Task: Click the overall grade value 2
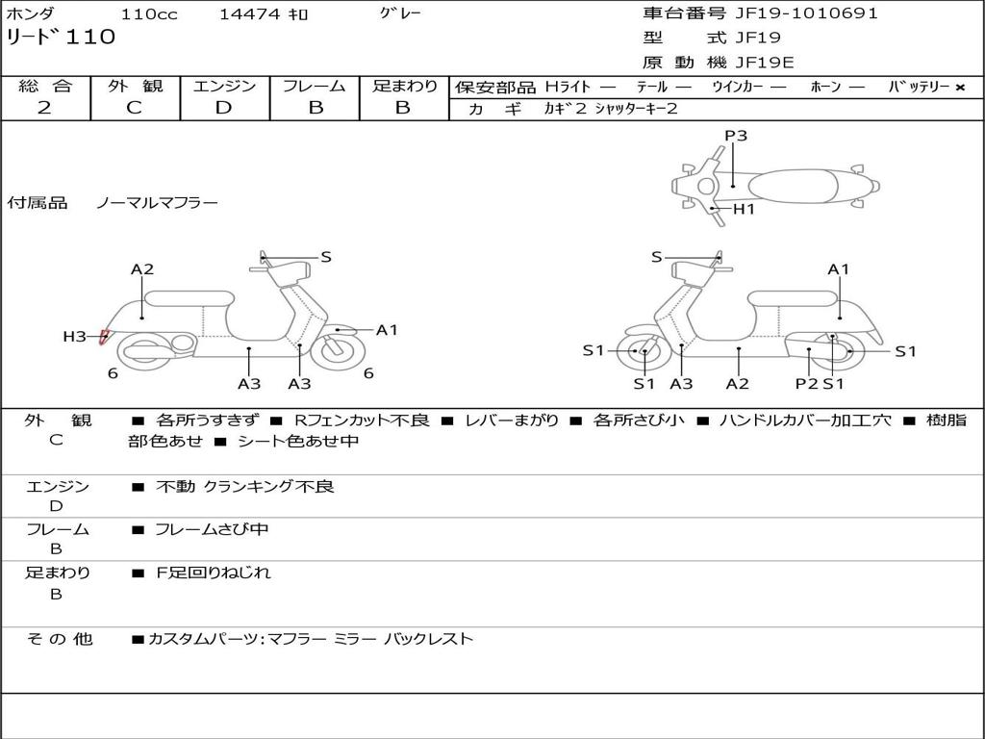(44, 108)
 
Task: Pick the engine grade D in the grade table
(223, 108)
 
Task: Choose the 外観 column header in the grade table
(135, 87)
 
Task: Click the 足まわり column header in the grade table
(404, 87)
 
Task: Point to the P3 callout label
(736, 136)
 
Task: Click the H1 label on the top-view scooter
(744, 209)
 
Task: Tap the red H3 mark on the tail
(104, 337)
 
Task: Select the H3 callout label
(75, 336)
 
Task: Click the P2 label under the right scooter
(806, 383)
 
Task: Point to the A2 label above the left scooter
(142, 269)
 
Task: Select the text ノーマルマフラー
(157, 203)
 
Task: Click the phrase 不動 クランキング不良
(245, 487)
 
